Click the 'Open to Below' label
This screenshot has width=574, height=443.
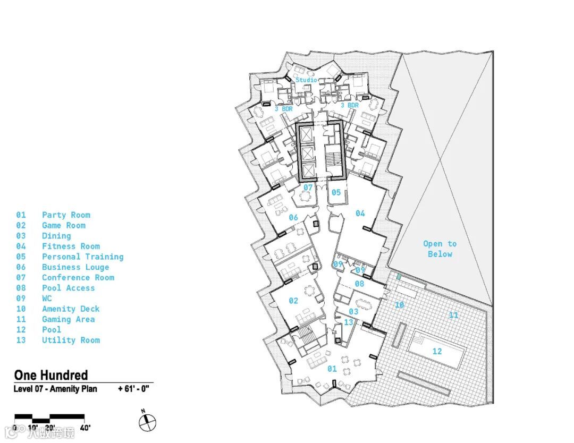coord(440,249)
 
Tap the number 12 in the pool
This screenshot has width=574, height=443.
coord(437,351)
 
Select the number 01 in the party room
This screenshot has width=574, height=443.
coord(332,369)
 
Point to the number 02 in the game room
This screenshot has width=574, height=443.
coord(293,301)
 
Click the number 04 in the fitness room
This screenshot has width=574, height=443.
coord(360,214)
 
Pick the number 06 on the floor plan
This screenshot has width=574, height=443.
coord(293,217)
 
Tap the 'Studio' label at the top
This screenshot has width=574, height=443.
coord(306,80)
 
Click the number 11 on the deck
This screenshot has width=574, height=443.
coord(453,315)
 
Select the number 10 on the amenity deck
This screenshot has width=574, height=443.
coord(399,305)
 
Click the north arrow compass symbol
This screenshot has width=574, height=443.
coord(148,422)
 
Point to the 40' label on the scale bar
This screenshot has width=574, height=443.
coord(85,428)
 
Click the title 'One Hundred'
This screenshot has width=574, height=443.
coord(51,375)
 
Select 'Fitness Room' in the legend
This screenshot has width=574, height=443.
coord(71,246)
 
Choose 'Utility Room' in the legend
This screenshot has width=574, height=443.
coord(71,340)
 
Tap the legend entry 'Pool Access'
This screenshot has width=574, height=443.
coord(68,288)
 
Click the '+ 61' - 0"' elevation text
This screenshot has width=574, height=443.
coord(133,389)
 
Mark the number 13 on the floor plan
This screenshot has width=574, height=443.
coord(349,322)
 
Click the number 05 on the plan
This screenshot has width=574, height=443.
coord(336,192)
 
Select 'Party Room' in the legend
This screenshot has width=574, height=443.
coord(66,215)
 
